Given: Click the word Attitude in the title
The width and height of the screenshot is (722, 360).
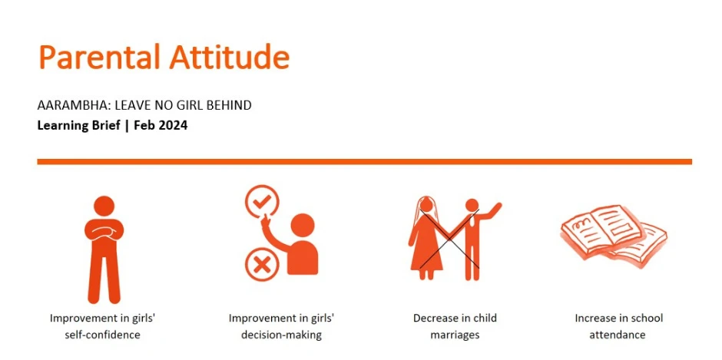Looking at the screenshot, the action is [x=230, y=57].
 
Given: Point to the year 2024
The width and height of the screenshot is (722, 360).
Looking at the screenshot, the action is [x=173, y=126].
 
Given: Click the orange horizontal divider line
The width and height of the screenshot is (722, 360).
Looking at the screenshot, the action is [x=364, y=162].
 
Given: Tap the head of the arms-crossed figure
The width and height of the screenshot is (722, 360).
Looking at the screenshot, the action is [x=104, y=206].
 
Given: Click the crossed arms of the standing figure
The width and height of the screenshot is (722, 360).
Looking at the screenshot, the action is [x=104, y=232].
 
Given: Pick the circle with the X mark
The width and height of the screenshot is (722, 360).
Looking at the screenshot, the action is [x=262, y=264].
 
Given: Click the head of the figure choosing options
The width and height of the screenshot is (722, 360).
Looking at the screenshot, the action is [x=303, y=226].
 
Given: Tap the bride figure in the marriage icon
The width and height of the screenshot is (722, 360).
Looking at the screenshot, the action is [x=427, y=239].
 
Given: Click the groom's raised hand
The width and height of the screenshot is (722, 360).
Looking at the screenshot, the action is [x=496, y=206].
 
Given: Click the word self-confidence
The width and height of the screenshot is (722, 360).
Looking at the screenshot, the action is [x=102, y=335].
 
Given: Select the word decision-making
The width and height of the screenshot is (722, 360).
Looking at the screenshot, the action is [x=281, y=335].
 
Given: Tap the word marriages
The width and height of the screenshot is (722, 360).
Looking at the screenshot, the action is [x=455, y=335].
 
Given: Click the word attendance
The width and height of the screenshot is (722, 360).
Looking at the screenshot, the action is [x=618, y=335].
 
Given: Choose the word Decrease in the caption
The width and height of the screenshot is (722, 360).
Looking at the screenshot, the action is [x=433, y=318].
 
